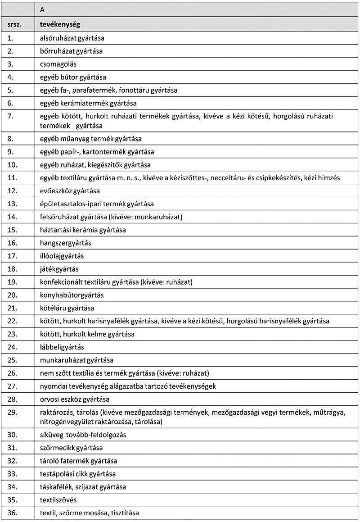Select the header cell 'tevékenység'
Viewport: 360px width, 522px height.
point(60,25)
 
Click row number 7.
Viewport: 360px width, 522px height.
point(11,116)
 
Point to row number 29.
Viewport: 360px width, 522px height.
point(12,413)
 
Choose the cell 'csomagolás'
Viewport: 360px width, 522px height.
point(58,64)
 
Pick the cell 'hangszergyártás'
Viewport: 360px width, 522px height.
point(65,243)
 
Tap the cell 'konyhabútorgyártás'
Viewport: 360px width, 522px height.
point(72,295)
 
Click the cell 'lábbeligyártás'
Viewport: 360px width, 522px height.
point(62,347)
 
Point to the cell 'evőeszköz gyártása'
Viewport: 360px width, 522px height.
point(70,191)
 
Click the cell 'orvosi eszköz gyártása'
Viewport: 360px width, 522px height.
point(75,399)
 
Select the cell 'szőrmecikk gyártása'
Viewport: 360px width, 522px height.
point(71,448)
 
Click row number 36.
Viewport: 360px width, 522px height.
point(12,513)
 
